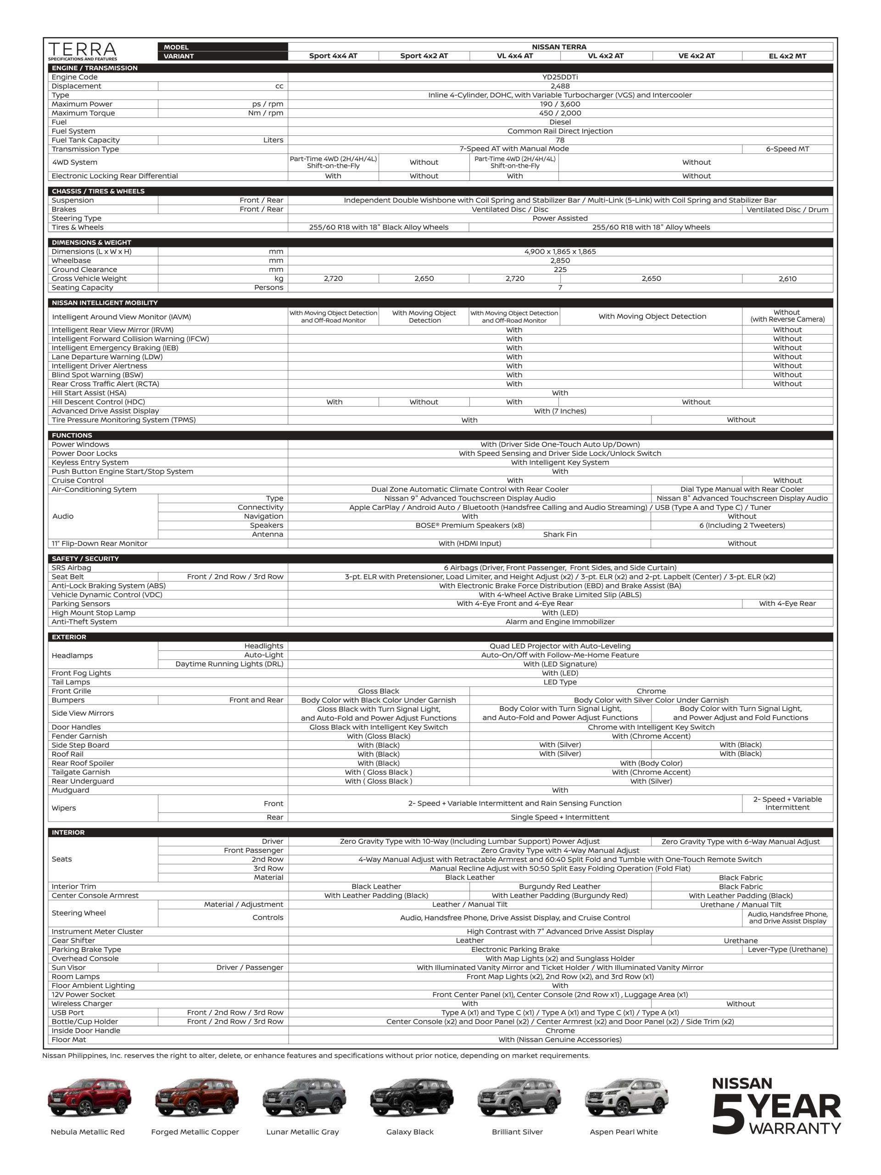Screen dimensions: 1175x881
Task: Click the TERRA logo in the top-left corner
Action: coord(82,51)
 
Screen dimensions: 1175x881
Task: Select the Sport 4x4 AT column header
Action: coord(333,56)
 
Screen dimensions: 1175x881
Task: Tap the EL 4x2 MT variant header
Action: coord(787,56)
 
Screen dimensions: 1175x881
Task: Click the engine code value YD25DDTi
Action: coord(560,77)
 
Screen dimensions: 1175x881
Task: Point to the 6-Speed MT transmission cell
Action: coord(787,149)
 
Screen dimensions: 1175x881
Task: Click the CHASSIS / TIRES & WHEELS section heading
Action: coord(98,191)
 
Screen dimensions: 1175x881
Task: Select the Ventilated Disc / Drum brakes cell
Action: coord(787,210)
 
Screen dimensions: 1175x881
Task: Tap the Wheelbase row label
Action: coord(71,261)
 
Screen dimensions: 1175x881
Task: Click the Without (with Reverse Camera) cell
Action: coord(787,316)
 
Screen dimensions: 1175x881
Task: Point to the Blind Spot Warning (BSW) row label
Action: coord(97,375)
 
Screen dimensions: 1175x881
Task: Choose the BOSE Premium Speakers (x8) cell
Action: coord(469,526)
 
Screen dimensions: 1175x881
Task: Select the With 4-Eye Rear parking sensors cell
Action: coord(787,604)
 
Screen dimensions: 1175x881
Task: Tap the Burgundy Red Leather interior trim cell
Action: coord(559,887)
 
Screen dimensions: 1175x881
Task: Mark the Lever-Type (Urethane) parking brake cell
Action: coord(787,949)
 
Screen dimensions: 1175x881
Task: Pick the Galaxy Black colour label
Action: coord(409,1132)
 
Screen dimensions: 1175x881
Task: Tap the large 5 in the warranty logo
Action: coord(730,1113)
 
